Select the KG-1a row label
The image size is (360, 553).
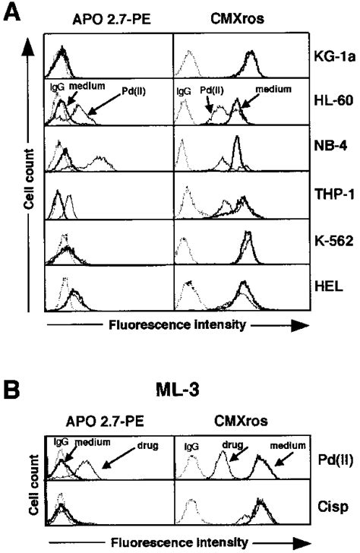pyautogui.click(x=332, y=57)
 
